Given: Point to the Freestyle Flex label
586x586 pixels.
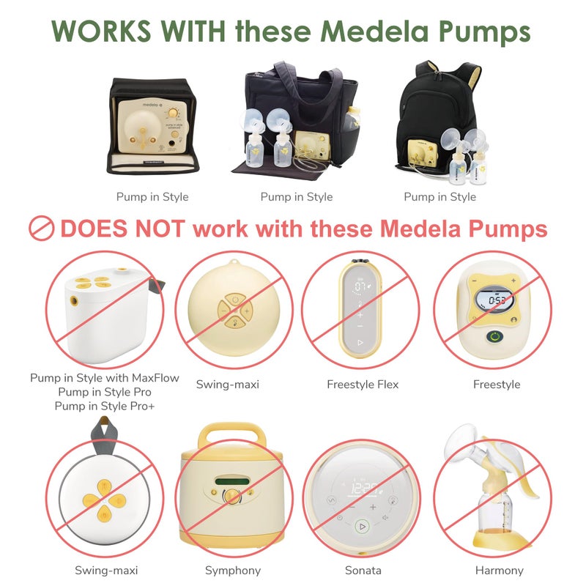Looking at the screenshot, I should [362, 384].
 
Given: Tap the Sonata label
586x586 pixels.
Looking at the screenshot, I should [362, 571].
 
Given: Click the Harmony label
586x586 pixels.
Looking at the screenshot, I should [499, 571].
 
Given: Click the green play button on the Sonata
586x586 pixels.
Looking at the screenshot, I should [361, 526].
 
